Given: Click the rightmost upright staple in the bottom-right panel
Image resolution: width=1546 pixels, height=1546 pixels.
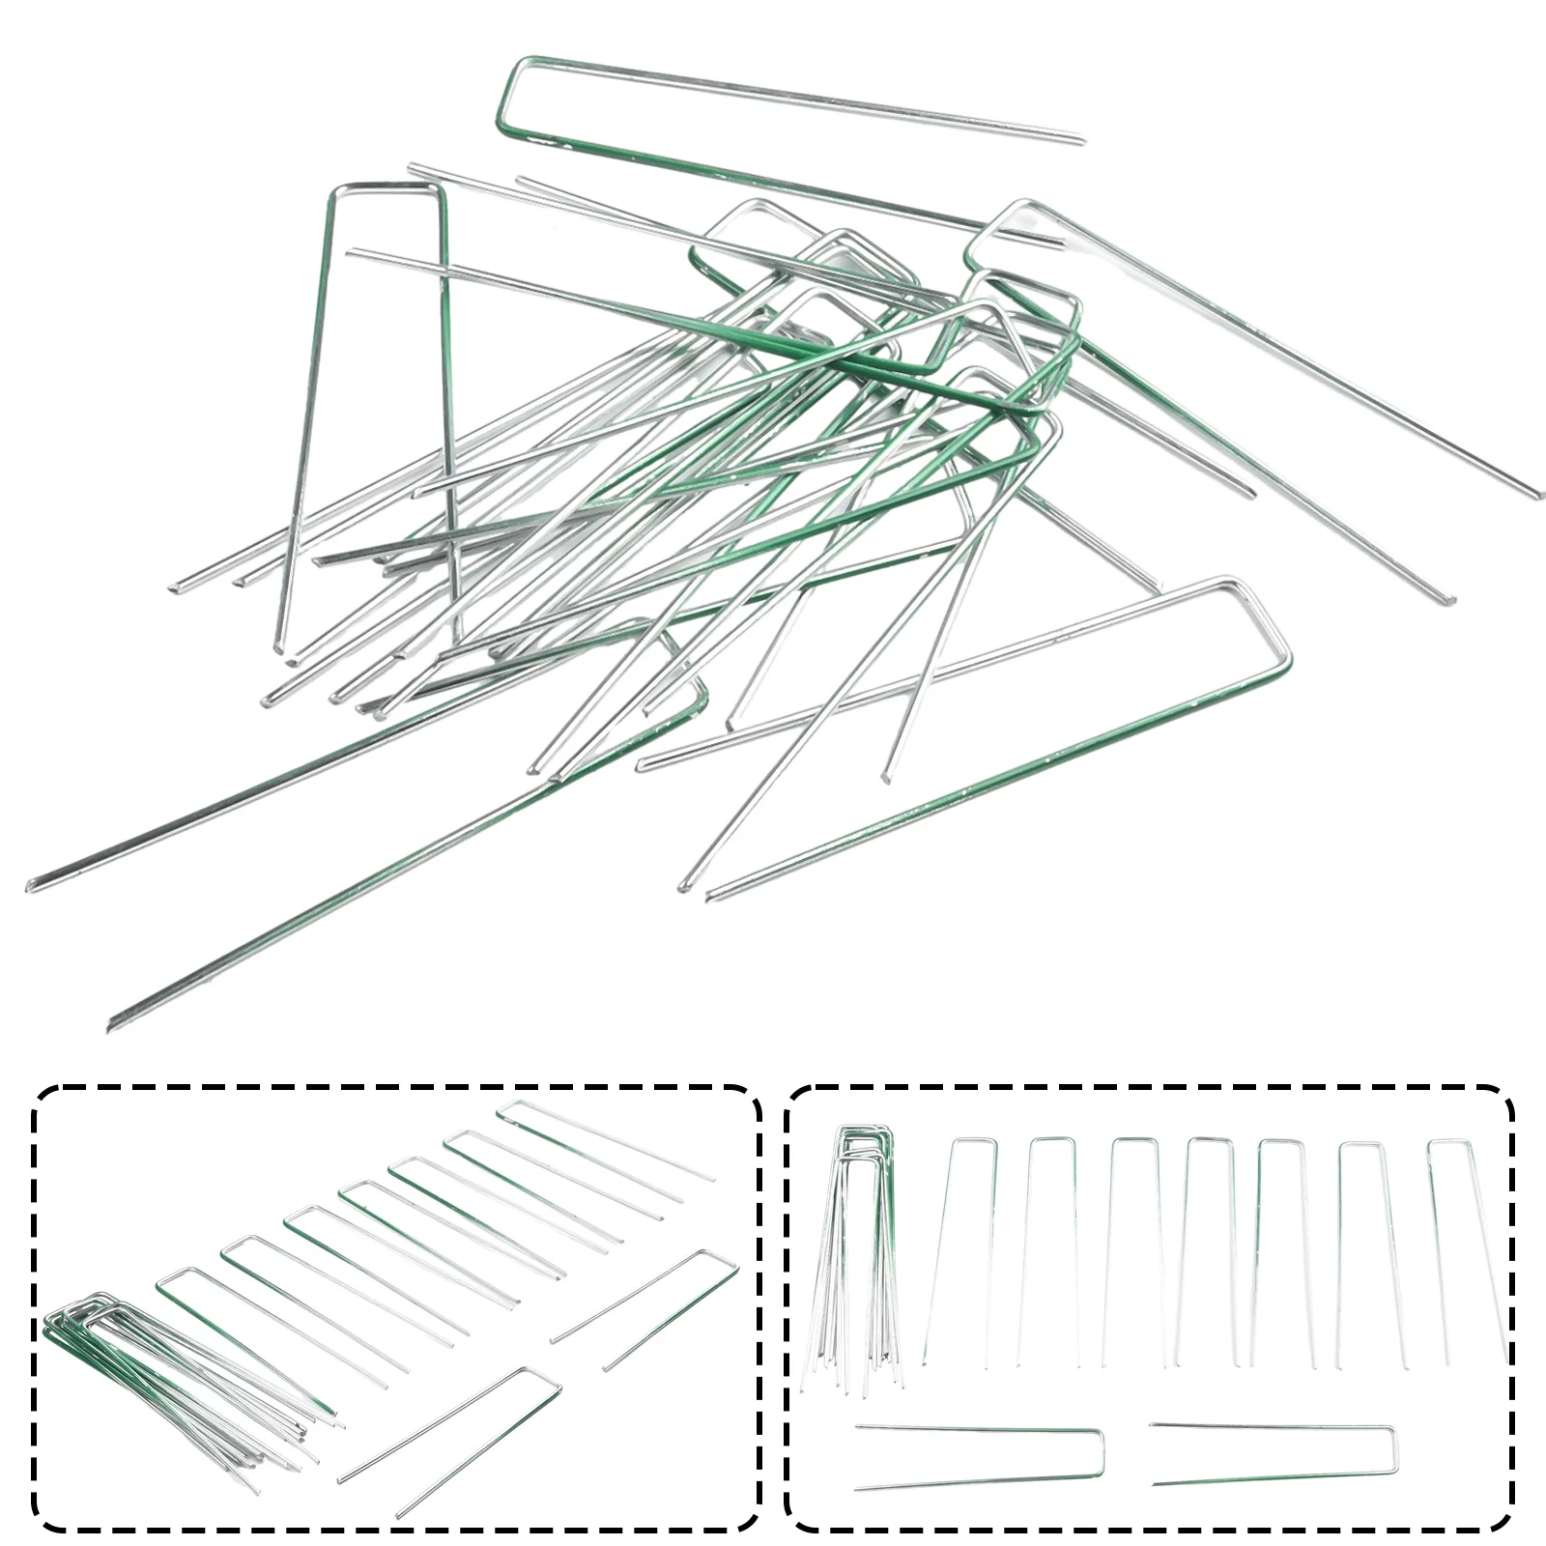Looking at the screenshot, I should [x=1464, y=1246].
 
